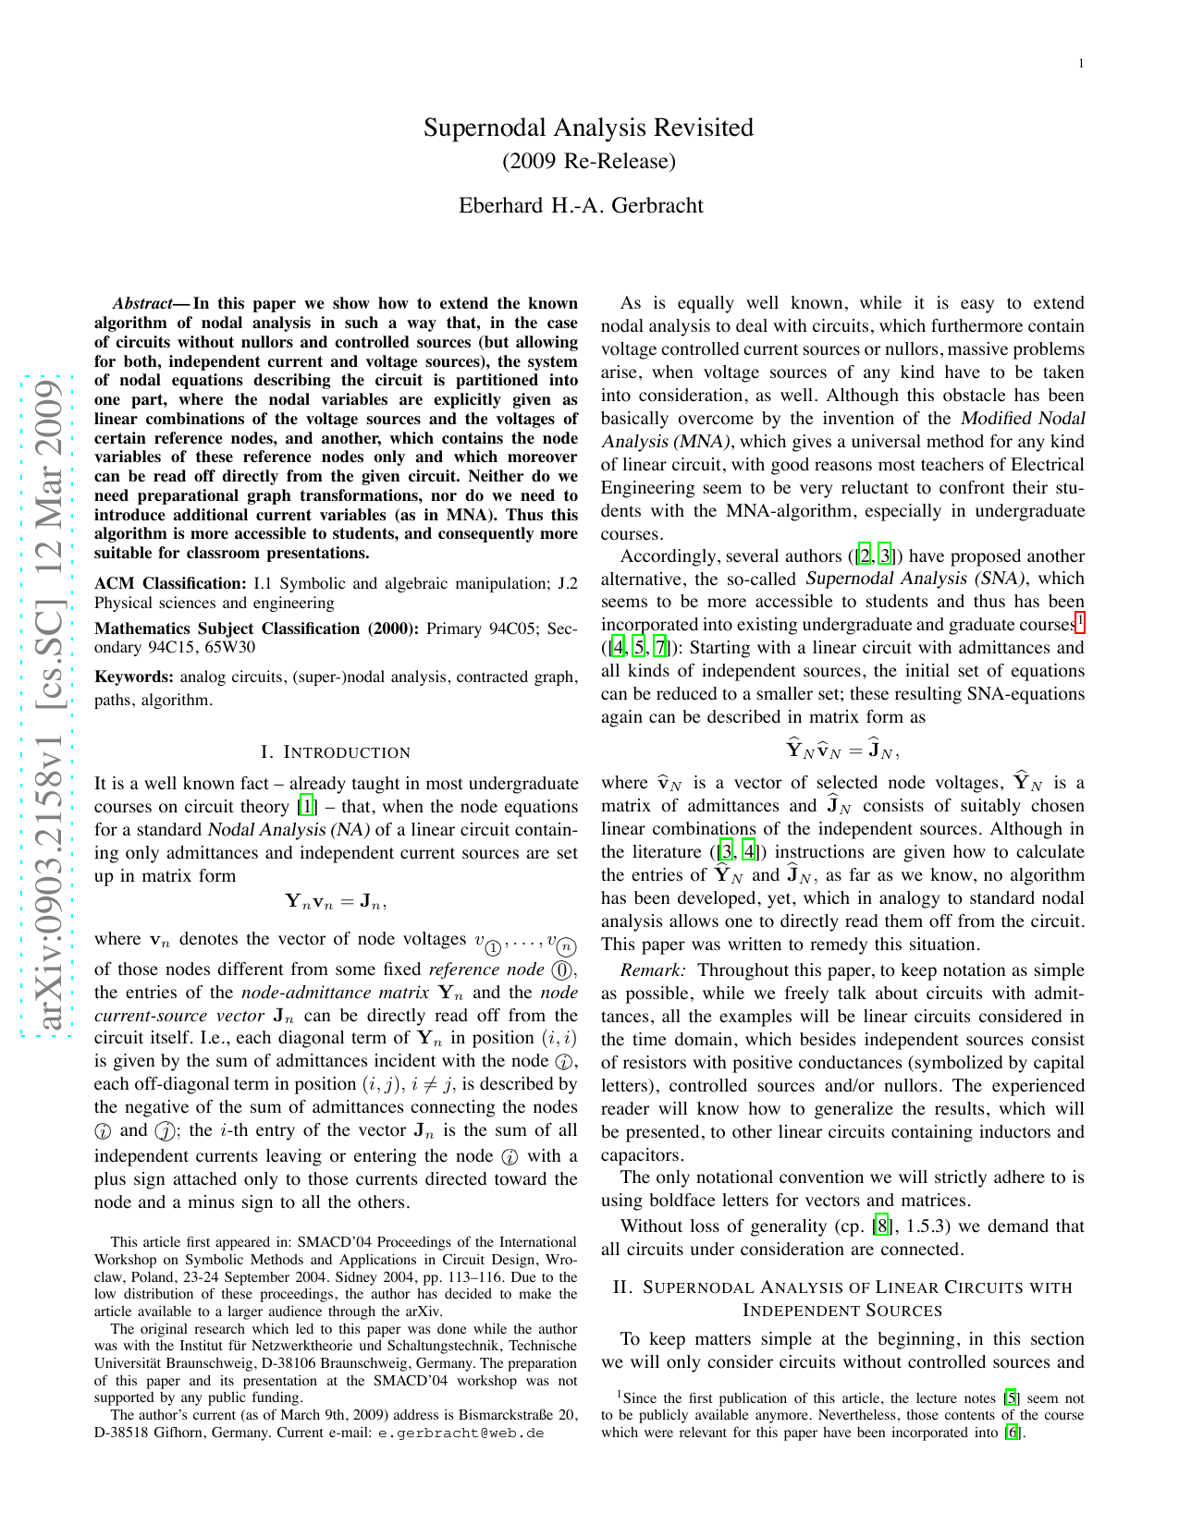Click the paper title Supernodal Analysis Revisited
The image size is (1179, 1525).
point(588,128)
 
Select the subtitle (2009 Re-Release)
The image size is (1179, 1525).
point(588,162)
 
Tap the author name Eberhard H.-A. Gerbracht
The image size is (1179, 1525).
point(581,205)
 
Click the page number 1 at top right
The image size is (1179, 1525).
point(1080,64)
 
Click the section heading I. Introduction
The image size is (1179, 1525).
point(336,752)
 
